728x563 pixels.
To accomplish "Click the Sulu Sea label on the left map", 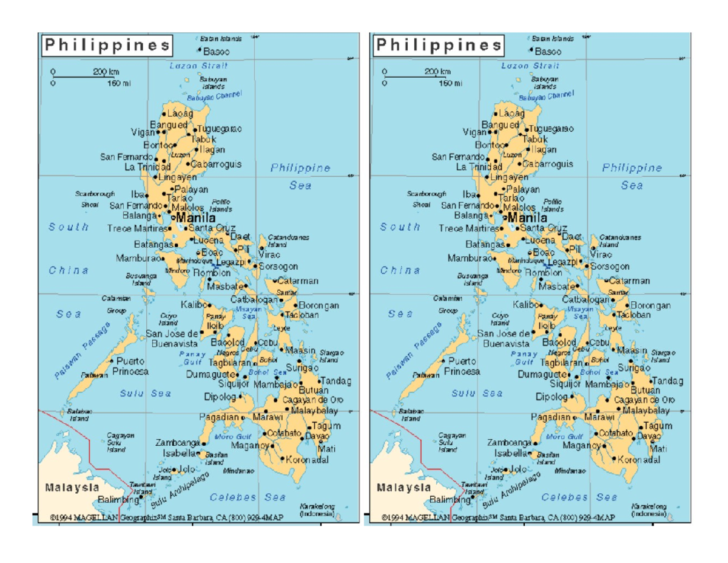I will pyautogui.click(x=146, y=393).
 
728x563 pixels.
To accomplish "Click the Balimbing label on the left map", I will pyautogui.click(x=119, y=499).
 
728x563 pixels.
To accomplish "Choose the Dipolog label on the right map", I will pyautogui.click(x=553, y=397).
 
